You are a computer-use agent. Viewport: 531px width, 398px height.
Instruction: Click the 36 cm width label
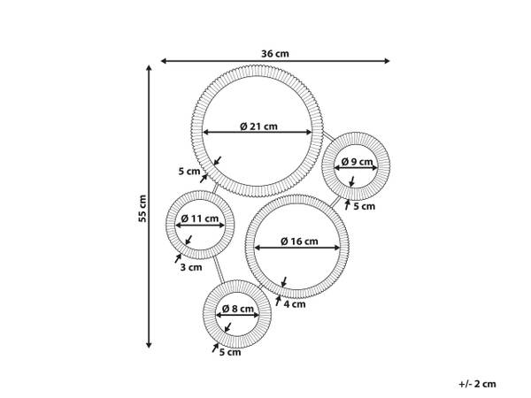[275, 53]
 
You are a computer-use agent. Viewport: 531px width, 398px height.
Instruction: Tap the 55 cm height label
[142, 209]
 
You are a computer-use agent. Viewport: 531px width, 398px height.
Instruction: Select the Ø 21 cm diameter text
[258, 126]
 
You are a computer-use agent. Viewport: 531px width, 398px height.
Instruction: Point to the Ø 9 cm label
[357, 162]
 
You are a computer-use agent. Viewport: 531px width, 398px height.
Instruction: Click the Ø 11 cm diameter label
[200, 218]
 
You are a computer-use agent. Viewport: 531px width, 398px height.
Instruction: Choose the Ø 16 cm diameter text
[299, 241]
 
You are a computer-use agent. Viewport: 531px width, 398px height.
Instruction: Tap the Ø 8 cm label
[238, 309]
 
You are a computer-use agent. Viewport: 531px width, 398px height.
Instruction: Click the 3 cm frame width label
[191, 267]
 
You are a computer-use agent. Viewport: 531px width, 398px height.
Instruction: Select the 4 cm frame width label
[295, 304]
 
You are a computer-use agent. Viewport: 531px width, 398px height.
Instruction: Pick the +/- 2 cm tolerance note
[477, 384]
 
